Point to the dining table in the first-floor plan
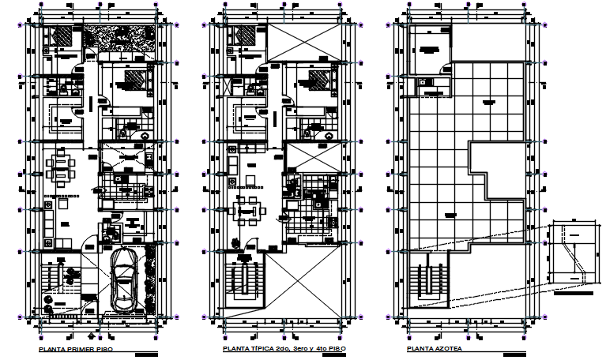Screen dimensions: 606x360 tap(60, 167)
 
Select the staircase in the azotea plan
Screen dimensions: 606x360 tap(427, 280)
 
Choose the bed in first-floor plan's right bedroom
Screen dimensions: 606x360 tap(134, 81)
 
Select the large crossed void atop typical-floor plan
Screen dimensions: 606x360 tap(304, 41)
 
